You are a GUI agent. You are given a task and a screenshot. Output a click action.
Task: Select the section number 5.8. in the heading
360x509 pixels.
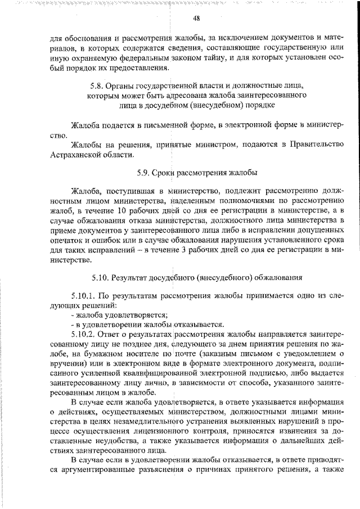pos(98,85)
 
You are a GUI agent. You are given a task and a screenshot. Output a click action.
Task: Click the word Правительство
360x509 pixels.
pos(317,145)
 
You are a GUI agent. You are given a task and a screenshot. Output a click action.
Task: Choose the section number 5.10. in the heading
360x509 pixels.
pos(100,277)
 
